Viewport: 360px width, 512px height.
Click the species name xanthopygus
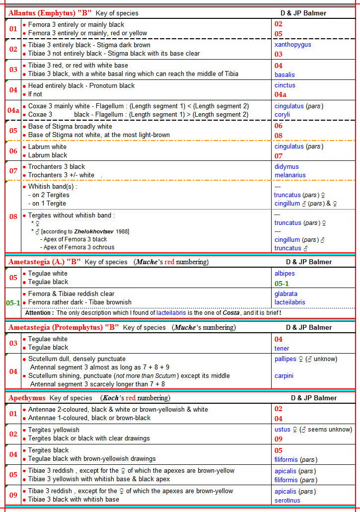(292, 45)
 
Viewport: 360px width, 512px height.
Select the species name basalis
(285, 74)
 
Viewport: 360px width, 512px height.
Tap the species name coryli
(282, 115)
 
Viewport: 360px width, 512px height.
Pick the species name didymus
(287, 167)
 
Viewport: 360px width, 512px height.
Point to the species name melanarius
(290, 175)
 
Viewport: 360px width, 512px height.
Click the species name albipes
(285, 274)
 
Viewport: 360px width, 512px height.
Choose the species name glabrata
(286, 294)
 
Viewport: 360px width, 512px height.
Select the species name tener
(282, 348)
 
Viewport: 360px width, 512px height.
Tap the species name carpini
(284, 376)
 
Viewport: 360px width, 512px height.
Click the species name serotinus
(288, 500)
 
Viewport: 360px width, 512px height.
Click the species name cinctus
(285, 85)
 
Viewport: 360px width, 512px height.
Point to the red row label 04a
(13, 110)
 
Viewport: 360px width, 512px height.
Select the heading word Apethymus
(27, 398)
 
